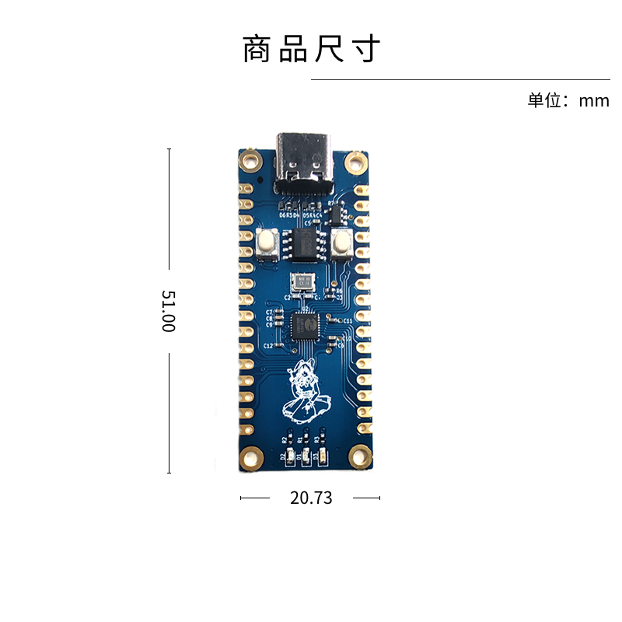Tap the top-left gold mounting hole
point(250,161)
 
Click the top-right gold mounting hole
point(356,162)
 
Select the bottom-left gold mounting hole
point(250,456)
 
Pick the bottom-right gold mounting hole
point(359,456)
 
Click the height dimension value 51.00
point(168,311)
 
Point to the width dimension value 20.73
point(311,498)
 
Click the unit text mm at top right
point(594,100)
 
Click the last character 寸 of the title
point(366,50)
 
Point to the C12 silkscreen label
point(268,345)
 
